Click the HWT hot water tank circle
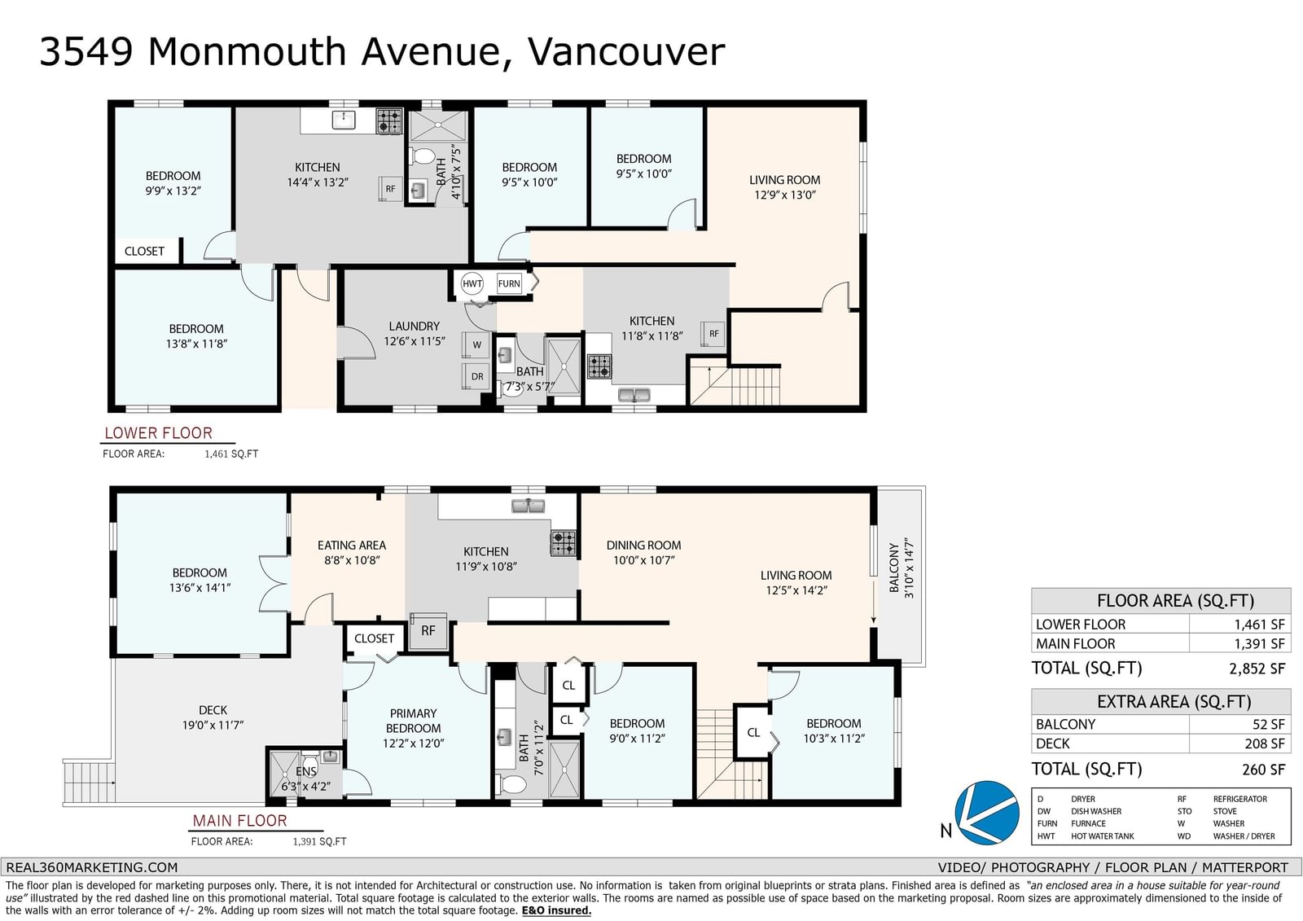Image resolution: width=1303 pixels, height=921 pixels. tap(472, 283)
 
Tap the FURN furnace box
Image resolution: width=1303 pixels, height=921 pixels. tap(509, 283)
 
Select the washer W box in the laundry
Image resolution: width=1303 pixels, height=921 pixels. tap(476, 344)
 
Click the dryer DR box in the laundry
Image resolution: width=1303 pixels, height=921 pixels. tap(476, 376)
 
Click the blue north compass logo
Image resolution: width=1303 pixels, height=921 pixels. tap(986, 813)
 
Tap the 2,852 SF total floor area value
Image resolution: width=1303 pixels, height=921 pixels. tap(1257, 669)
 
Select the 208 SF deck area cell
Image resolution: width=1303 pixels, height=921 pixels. tap(1263, 743)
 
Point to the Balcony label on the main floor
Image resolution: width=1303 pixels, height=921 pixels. tap(894, 568)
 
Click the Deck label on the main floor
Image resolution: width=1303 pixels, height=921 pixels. tap(213, 710)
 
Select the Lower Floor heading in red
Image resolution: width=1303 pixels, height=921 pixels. tap(158, 433)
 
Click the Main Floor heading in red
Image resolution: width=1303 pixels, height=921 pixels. tap(239, 820)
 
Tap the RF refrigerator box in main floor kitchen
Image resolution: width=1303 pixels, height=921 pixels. tap(428, 630)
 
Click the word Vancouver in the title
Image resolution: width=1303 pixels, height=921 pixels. tap(626, 51)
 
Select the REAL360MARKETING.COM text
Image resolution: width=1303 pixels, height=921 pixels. tap(92, 867)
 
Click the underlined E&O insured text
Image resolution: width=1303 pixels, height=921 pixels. tap(556, 910)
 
